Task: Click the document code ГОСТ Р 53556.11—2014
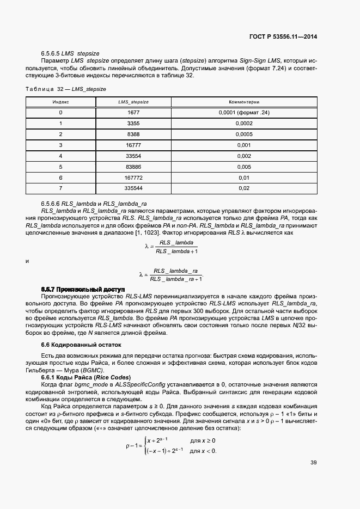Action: (x=283, y=37)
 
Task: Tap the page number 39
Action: (x=314, y=463)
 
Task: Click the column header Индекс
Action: (x=61, y=102)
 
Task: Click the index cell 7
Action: (x=61, y=188)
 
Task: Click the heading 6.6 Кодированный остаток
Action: (x=81, y=345)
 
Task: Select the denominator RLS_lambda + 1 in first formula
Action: (x=176, y=252)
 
